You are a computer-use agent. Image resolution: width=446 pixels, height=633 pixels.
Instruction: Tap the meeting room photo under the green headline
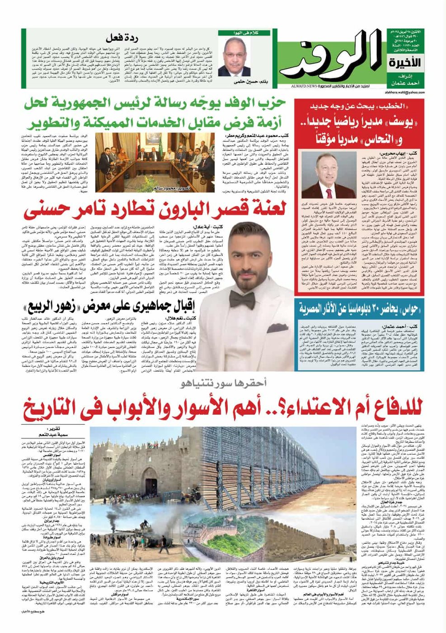pyautogui.click(x=155, y=161)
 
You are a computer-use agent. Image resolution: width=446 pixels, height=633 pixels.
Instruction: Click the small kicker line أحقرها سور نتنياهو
pyautogui.click(x=221, y=384)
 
